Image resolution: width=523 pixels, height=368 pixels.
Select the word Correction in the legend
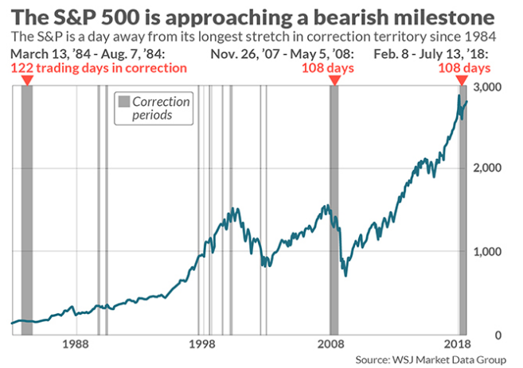(162, 102)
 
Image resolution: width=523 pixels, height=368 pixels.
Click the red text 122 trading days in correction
(100, 68)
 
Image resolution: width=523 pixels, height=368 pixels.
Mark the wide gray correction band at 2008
(334, 207)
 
